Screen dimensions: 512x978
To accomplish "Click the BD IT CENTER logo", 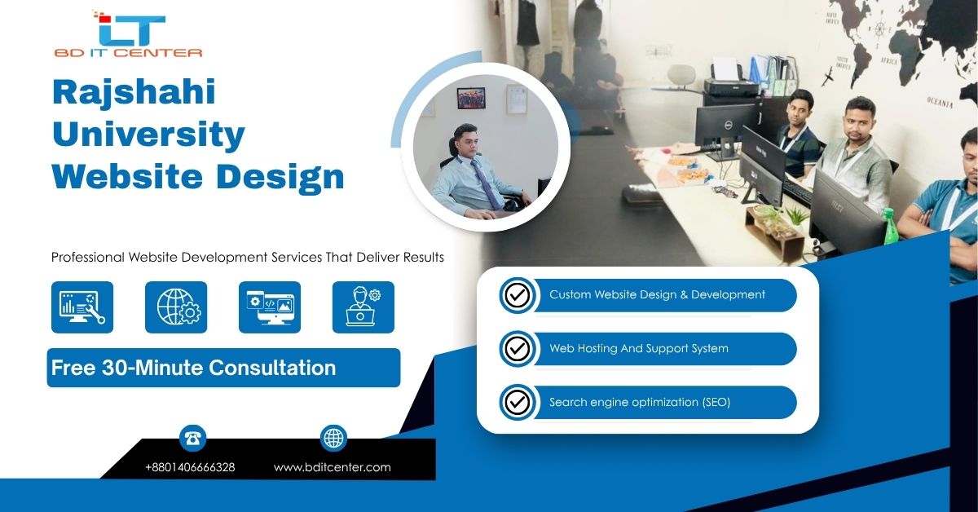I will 128,35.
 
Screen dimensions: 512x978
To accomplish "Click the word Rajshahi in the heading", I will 134,92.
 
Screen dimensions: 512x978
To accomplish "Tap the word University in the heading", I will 148,134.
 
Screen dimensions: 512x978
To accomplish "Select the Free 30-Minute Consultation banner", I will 223,368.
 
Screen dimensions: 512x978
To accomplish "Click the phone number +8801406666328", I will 190,467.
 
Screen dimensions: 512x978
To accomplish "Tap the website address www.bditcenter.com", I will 332,467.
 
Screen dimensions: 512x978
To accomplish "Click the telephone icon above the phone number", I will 192,439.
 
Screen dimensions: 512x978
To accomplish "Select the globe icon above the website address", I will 333,438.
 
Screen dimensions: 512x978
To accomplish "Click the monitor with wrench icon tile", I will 82,307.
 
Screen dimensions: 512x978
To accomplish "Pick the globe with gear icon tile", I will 176,307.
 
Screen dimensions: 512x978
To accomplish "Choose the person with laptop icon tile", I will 363,307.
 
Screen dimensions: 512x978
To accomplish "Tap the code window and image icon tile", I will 270,307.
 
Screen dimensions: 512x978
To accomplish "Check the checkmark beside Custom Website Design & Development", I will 517,295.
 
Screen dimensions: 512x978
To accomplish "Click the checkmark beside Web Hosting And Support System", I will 517,349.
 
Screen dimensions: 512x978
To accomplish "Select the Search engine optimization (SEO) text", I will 639,402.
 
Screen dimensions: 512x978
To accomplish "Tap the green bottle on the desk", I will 890,230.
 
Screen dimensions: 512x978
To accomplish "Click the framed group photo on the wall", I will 470,99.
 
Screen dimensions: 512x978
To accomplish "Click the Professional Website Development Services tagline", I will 247,257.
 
